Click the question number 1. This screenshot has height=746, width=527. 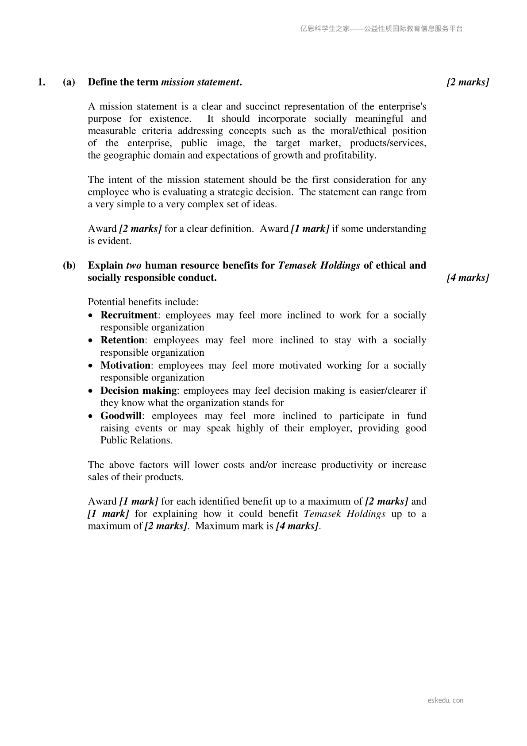[42, 82]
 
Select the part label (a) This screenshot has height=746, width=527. [69, 82]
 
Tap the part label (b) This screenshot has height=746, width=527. [69, 265]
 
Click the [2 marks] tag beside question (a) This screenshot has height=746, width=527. [468, 82]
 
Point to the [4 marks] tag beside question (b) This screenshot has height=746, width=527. [468, 278]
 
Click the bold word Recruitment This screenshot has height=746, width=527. [129, 315]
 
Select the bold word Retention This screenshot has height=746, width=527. [123, 340]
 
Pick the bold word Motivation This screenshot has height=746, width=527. [126, 365]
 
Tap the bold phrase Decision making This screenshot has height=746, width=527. [138, 391]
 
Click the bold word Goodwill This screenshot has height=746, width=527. [121, 416]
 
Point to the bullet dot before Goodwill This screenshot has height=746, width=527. [91, 416]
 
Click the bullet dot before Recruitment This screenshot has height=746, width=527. [91, 316]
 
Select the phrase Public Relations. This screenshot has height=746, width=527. [136, 440]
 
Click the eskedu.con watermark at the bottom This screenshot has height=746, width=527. [446, 700]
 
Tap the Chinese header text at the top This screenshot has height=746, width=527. [381, 29]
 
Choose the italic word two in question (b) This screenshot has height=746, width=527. [134, 265]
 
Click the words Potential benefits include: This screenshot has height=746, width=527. [143, 302]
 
